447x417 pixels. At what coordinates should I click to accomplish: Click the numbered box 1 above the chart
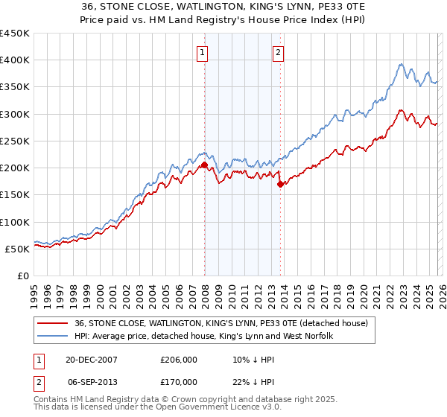click(x=203, y=52)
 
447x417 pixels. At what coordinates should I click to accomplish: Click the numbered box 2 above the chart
click(x=278, y=52)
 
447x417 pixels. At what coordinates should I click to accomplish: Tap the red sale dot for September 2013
click(x=280, y=185)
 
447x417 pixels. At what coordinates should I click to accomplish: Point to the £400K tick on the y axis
click(x=15, y=60)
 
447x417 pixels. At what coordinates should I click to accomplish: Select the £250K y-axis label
click(x=15, y=141)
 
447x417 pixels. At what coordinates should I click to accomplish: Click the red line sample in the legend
click(x=51, y=323)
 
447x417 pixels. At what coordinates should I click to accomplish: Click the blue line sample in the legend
click(x=51, y=337)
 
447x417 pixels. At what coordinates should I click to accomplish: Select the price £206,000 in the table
click(x=178, y=359)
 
